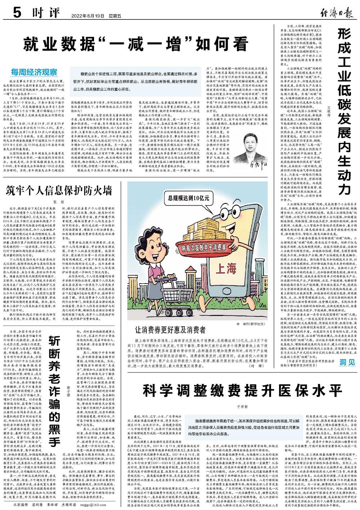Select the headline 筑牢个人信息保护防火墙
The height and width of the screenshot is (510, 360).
click(59, 190)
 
